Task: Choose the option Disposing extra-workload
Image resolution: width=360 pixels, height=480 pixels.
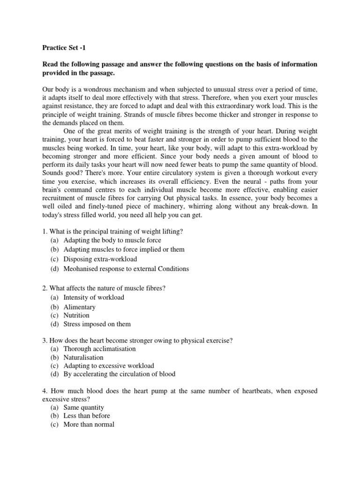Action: click(x=100, y=259)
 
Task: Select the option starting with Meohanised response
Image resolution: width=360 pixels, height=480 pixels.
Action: click(x=126, y=269)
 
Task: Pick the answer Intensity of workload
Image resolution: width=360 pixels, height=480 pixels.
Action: click(x=94, y=297)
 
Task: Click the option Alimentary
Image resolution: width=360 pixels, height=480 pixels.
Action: click(x=79, y=307)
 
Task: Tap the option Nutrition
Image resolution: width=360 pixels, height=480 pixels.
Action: click(x=76, y=315)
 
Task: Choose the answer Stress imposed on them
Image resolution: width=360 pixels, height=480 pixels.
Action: click(x=97, y=324)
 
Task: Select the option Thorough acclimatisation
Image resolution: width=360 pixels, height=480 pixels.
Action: click(x=99, y=349)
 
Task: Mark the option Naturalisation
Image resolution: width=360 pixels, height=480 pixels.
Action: click(x=83, y=357)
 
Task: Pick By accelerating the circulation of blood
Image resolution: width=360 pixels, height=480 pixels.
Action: click(x=120, y=374)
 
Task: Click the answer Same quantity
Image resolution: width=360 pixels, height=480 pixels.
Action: click(x=83, y=408)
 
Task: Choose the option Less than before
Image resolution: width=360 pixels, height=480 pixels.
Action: click(x=87, y=416)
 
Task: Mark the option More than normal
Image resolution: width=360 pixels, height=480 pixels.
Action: click(x=89, y=425)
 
